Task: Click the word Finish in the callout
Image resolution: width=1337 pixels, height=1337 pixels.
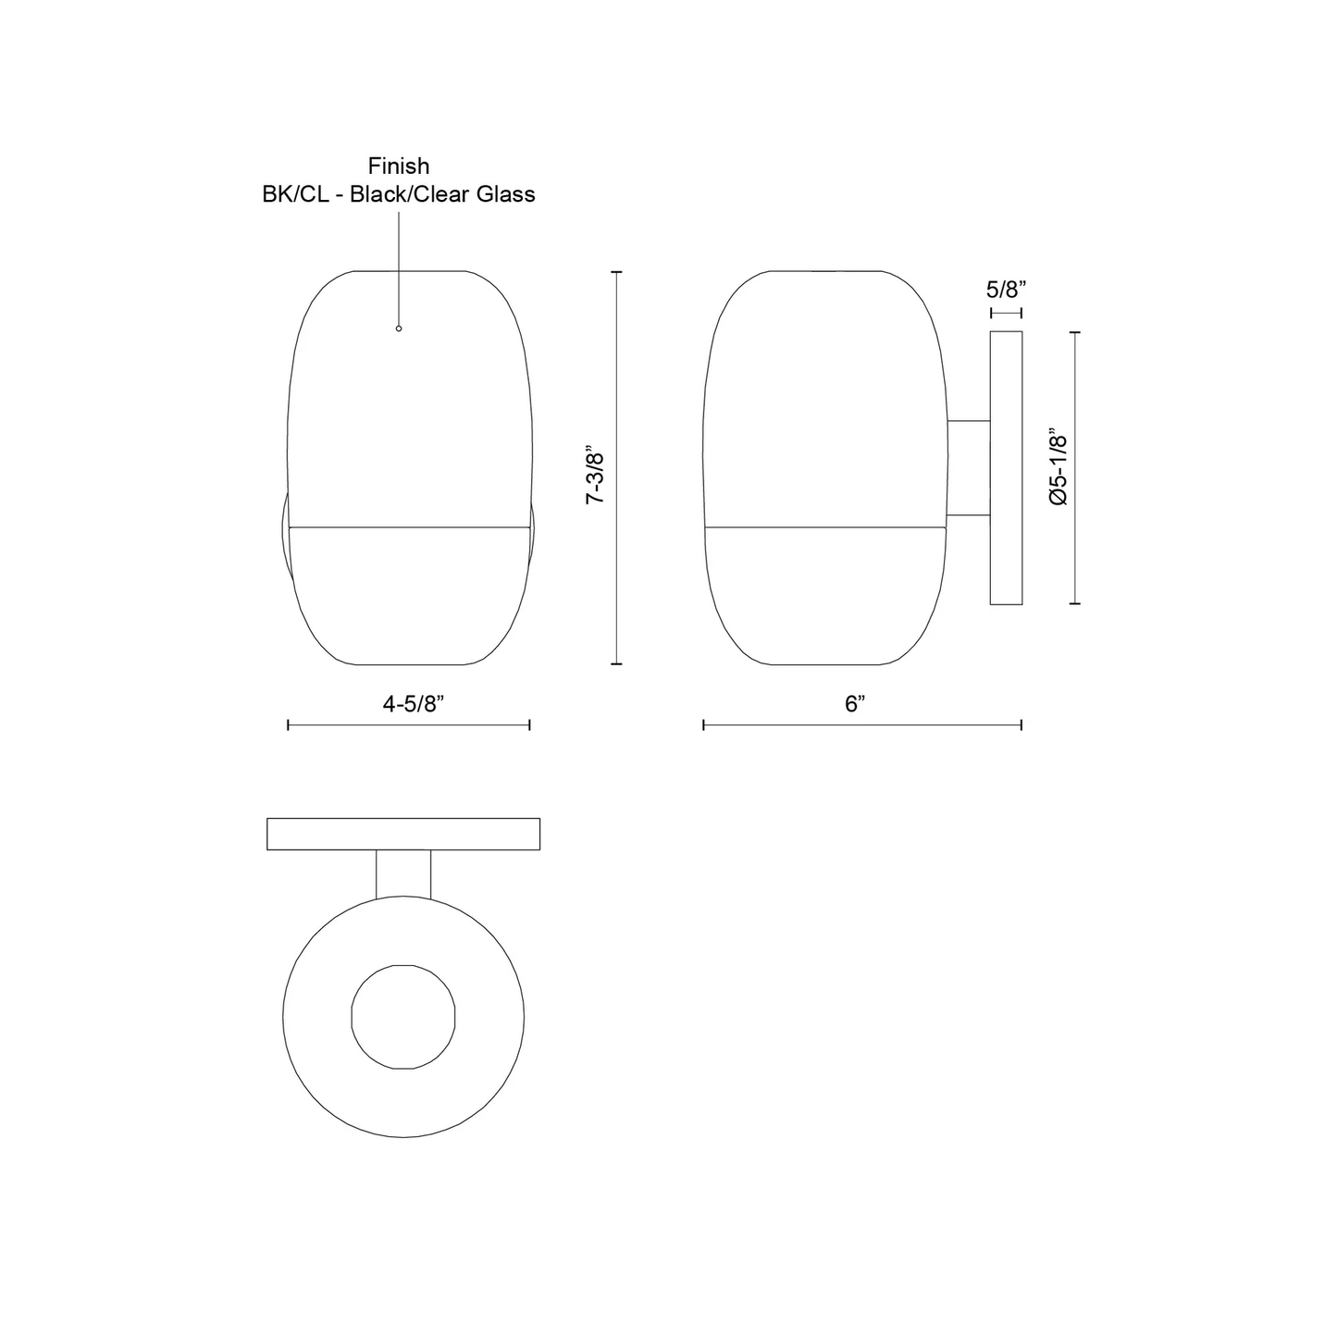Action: (398, 166)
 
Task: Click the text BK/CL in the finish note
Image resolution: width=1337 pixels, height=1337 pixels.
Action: (295, 194)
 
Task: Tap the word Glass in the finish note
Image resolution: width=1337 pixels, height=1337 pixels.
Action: (505, 194)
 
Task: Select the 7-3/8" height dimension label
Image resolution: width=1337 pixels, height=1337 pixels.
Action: (595, 478)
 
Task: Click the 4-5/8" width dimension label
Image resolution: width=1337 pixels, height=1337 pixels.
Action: (413, 703)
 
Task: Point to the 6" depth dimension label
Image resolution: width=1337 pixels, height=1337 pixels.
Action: (855, 703)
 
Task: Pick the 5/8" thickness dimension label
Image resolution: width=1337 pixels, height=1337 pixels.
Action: (1006, 290)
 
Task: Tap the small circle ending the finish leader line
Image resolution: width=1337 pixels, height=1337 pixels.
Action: (398, 328)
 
